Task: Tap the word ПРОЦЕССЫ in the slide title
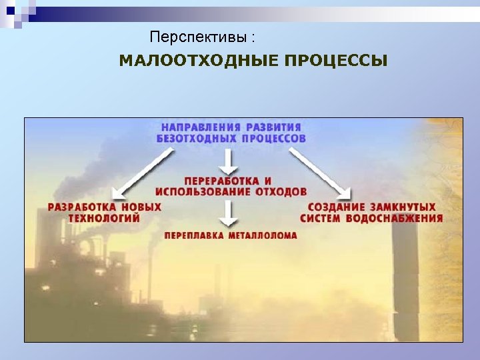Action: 335,61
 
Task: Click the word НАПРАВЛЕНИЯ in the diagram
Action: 199,127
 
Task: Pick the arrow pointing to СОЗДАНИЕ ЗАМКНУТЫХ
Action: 321,173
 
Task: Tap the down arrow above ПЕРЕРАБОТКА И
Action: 229,161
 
